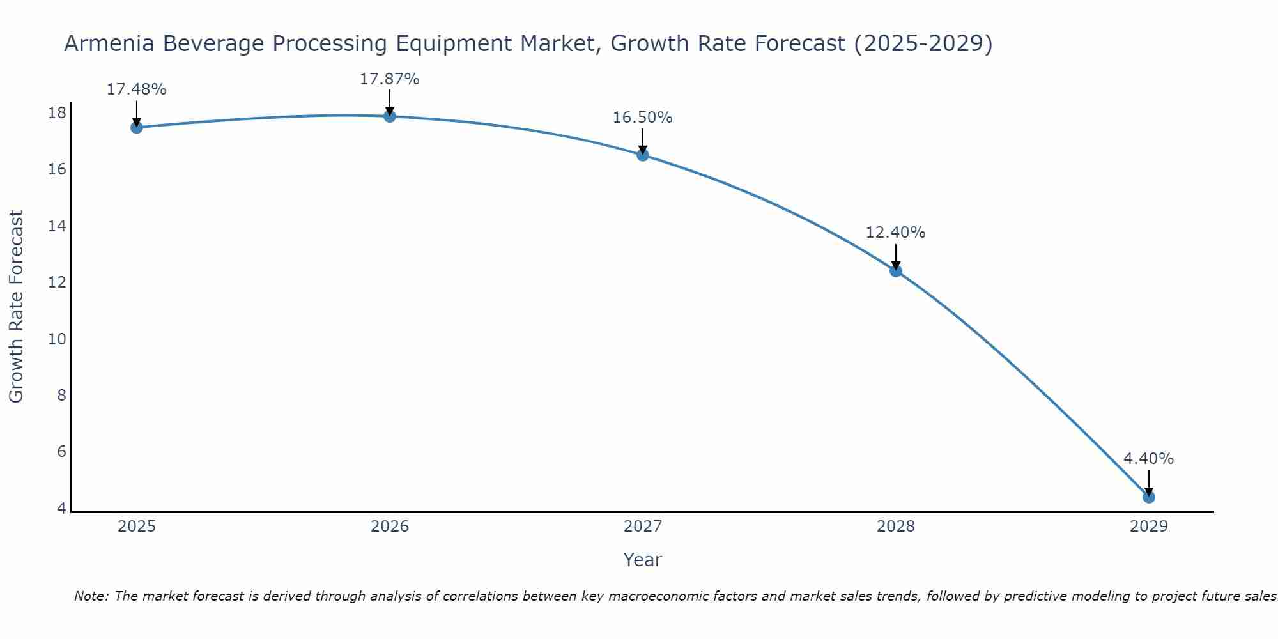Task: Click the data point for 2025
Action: coord(136,127)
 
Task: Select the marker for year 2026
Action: coord(390,116)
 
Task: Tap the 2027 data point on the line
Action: coord(643,155)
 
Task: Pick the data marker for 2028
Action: coord(896,270)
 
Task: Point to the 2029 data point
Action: coord(1149,497)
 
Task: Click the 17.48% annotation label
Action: coord(136,89)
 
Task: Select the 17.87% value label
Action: coord(389,79)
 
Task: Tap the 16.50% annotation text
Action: coord(642,118)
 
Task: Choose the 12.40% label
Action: coord(895,233)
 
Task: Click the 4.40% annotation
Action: coord(1148,459)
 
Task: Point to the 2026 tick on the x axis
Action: coord(390,527)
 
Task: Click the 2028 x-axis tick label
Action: coord(896,527)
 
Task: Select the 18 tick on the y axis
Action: coord(58,113)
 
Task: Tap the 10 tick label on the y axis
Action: coord(58,339)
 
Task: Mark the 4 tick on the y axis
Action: coord(61,508)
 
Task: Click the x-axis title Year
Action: coord(642,560)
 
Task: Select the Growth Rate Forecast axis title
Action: coord(16,306)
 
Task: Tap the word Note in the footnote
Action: coord(91,596)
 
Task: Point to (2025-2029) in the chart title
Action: coord(923,43)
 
